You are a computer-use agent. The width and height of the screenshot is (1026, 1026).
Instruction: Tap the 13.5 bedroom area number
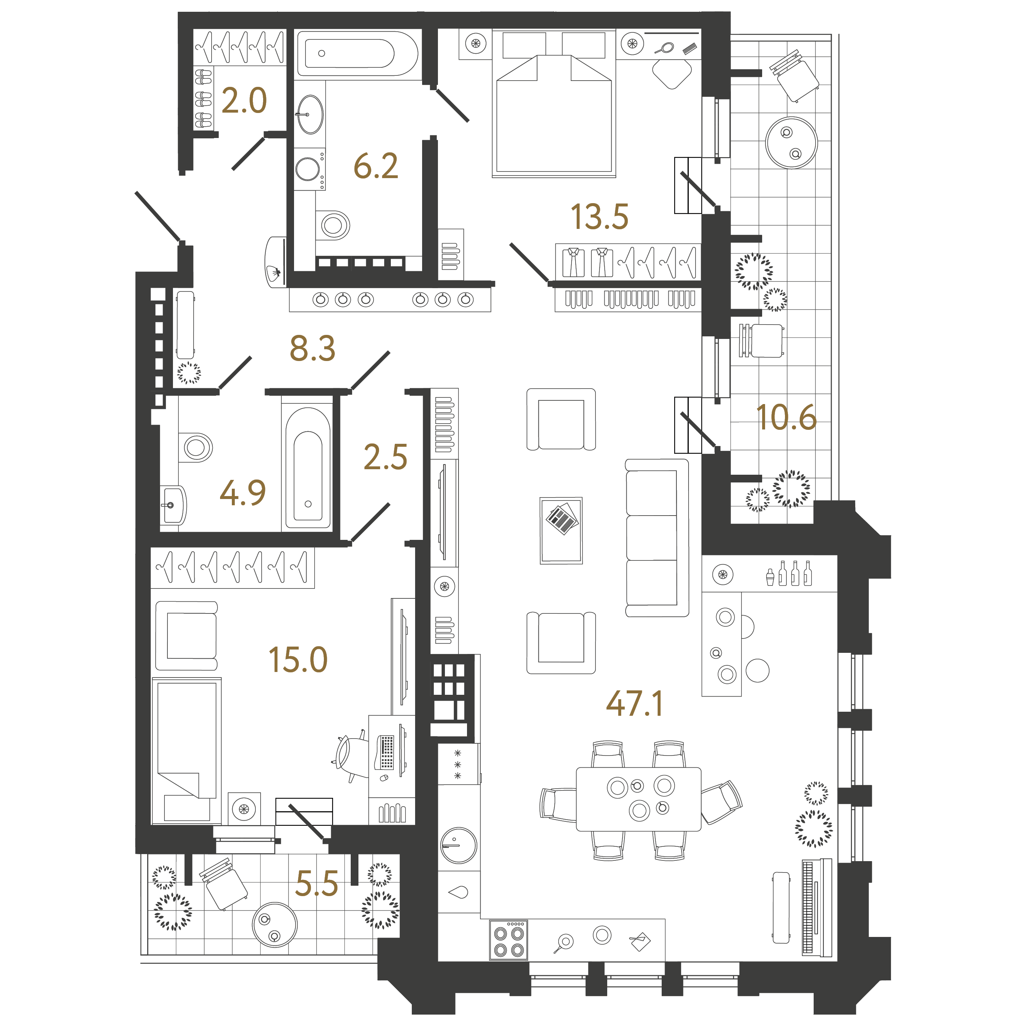[599, 217]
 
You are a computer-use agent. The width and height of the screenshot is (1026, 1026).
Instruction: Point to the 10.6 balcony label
[786, 417]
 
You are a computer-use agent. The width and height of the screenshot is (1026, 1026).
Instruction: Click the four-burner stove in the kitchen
[508, 940]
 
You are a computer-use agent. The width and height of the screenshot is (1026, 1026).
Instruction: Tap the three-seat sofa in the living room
[657, 537]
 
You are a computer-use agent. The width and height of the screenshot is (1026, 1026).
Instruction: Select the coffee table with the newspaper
[561, 530]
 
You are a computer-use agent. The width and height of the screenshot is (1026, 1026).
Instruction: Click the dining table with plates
[638, 799]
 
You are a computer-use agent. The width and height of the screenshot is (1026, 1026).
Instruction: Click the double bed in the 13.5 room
[554, 103]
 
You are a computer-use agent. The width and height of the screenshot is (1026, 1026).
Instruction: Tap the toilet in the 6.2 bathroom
[333, 225]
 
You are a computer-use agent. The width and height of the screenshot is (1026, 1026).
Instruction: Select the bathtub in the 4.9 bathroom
[308, 467]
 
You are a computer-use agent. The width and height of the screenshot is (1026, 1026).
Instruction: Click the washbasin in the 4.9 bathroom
[173, 505]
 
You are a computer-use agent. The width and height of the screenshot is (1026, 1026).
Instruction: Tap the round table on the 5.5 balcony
[275, 924]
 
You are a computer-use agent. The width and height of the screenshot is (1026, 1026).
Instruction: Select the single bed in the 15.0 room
[187, 751]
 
